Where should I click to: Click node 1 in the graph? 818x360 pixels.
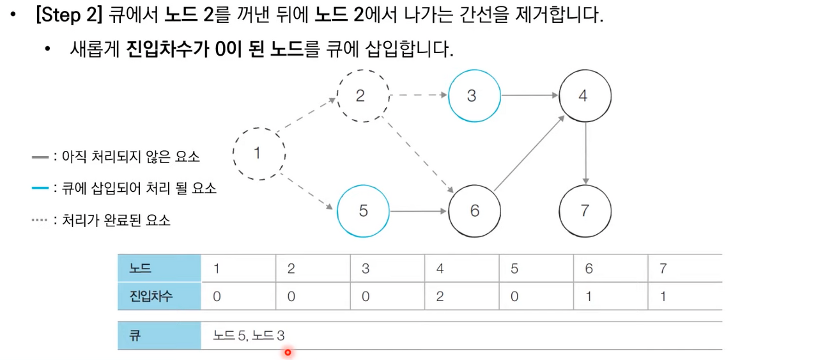coord(259,153)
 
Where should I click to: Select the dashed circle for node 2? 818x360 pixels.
coord(362,96)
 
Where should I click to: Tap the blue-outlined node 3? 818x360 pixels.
coord(474,96)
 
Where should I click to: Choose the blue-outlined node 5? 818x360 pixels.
coord(363,211)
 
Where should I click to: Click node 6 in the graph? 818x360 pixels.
coord(474,211)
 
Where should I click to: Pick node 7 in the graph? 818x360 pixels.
coord(585,211)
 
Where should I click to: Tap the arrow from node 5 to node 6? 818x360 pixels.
coord(419,211)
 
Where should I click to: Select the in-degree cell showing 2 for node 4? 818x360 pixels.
coord(440,297)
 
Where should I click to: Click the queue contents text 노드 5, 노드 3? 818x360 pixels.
coord(249,336)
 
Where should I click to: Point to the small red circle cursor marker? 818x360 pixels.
coord(288,352)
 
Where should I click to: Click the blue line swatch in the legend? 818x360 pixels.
coord(40,189)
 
